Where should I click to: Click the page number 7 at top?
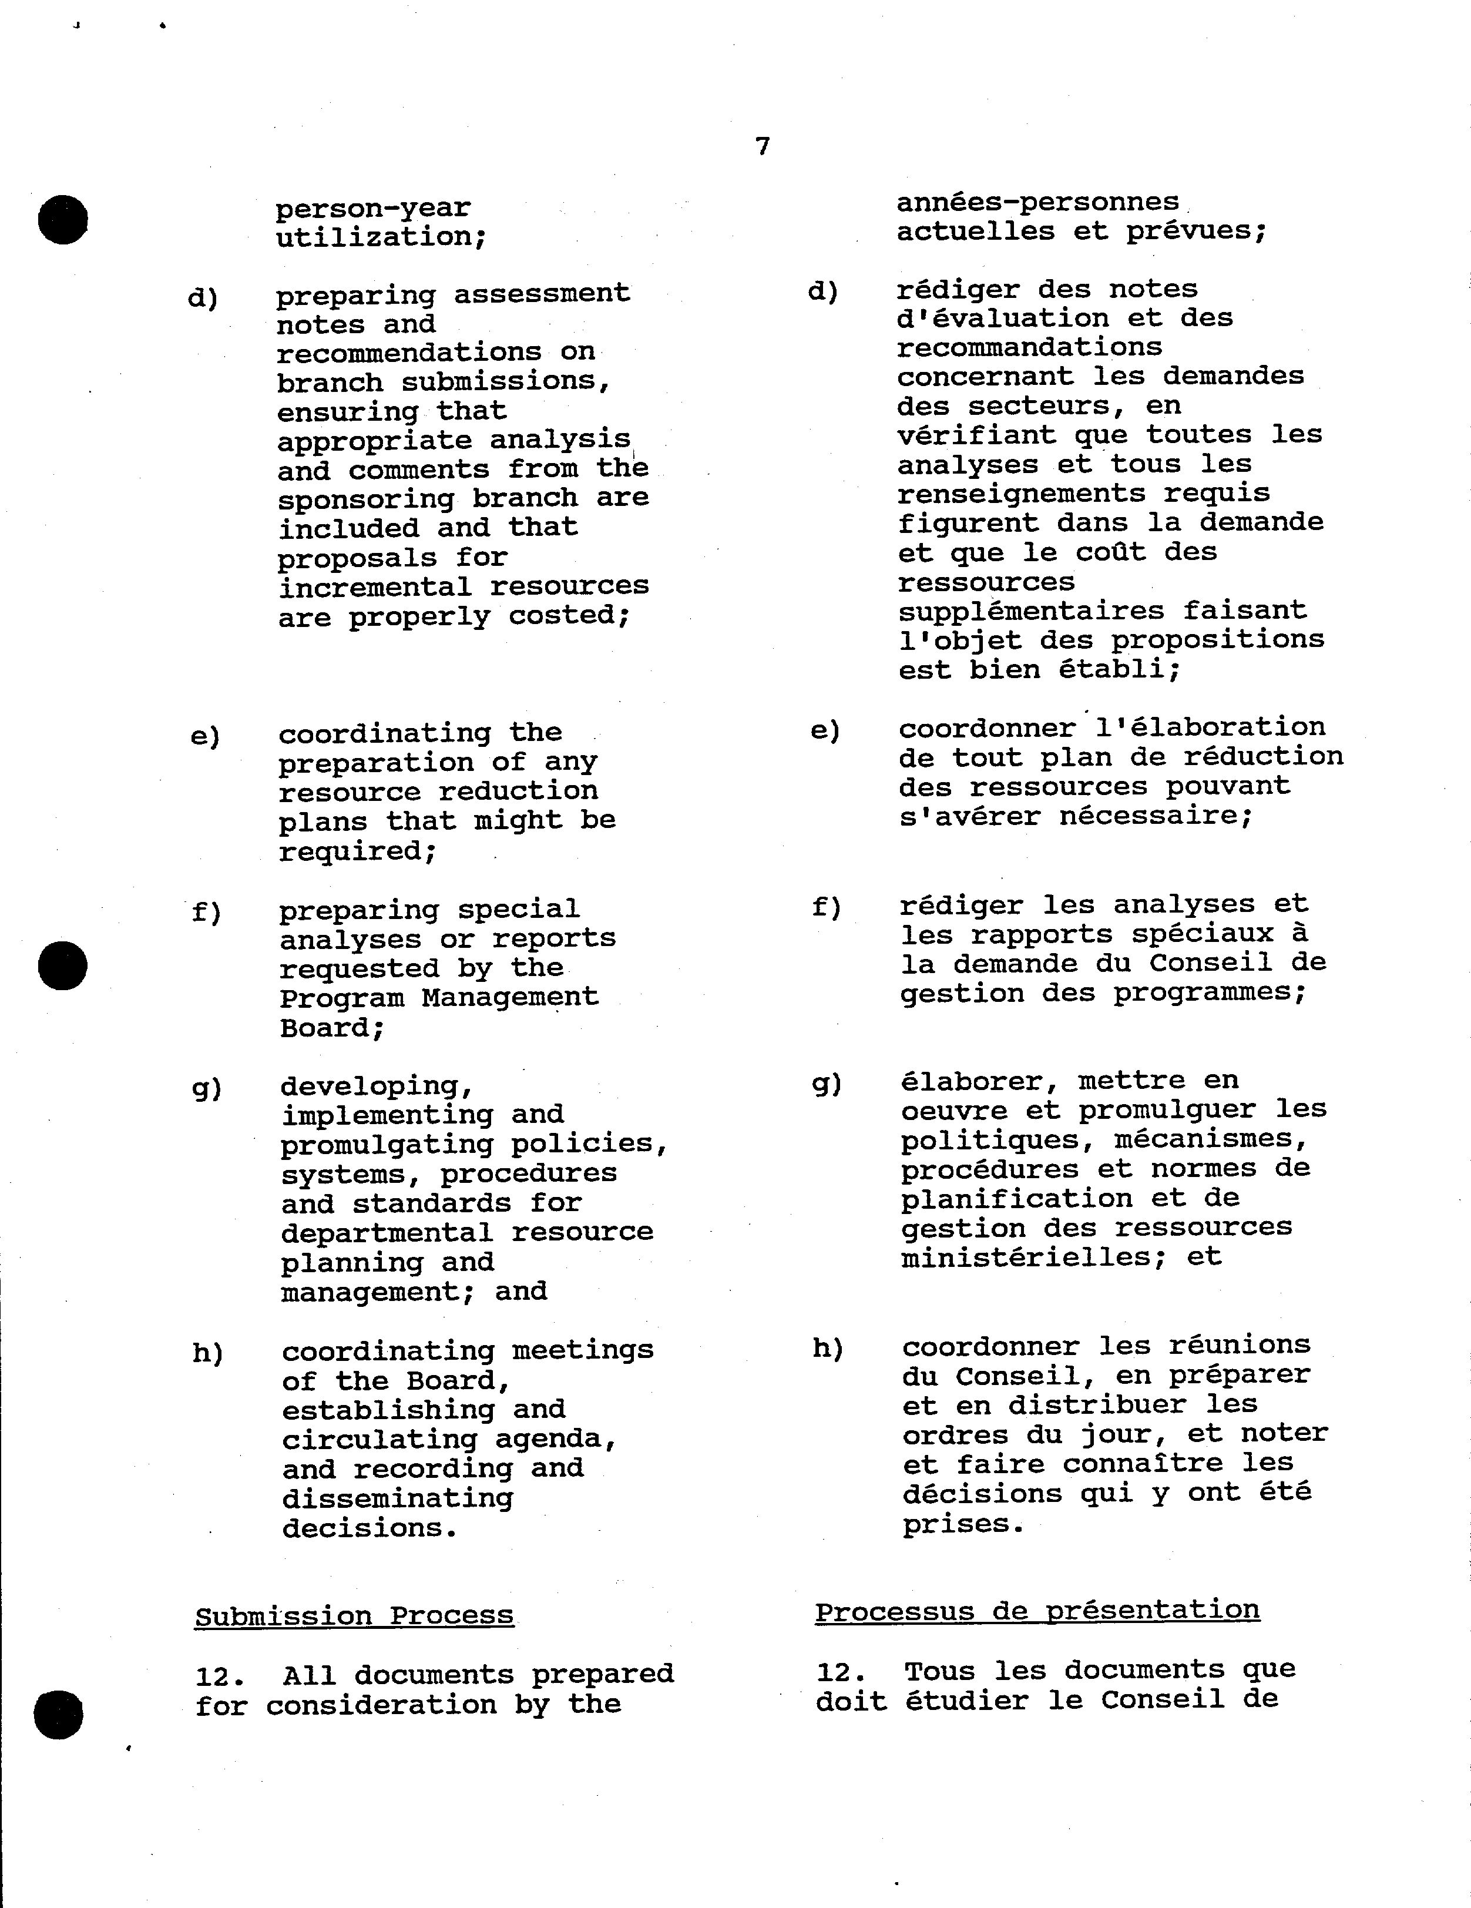[x=763, y=146]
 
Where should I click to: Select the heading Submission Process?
[x=354, y=1615]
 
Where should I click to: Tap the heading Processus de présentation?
[x=1037, y=1609]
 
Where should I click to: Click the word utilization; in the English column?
[x=381, y=237]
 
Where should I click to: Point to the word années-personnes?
[x=1037, y=203]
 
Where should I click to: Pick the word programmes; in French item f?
[x=1210, y=992]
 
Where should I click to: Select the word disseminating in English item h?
[x=398, y=1498]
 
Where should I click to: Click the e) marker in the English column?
[x=205, y=736]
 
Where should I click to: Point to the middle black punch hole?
[x=63, y=966]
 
